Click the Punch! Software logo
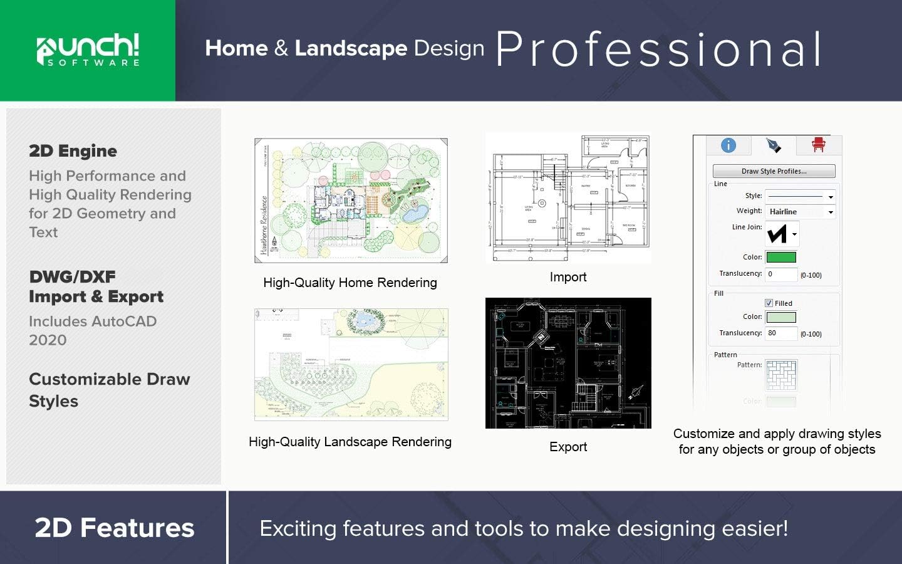[88, 50]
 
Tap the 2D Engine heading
[73, 151]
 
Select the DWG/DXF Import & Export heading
[96, 286]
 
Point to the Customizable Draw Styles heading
[109, 390]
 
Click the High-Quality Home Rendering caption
[350, 283]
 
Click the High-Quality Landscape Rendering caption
[350, 442]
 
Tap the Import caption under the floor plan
[568, 277]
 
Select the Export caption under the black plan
[568, 447]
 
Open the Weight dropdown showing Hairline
[801, 212]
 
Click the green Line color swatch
[781, 257]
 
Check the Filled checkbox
[769, 303]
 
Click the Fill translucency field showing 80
[781, 333]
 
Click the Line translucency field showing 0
[781, 274]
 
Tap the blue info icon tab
[728, 145]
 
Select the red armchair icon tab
[818, 145]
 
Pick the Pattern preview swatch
[781, 375]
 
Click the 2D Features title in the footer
[115, 528]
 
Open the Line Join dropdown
[782, 234]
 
